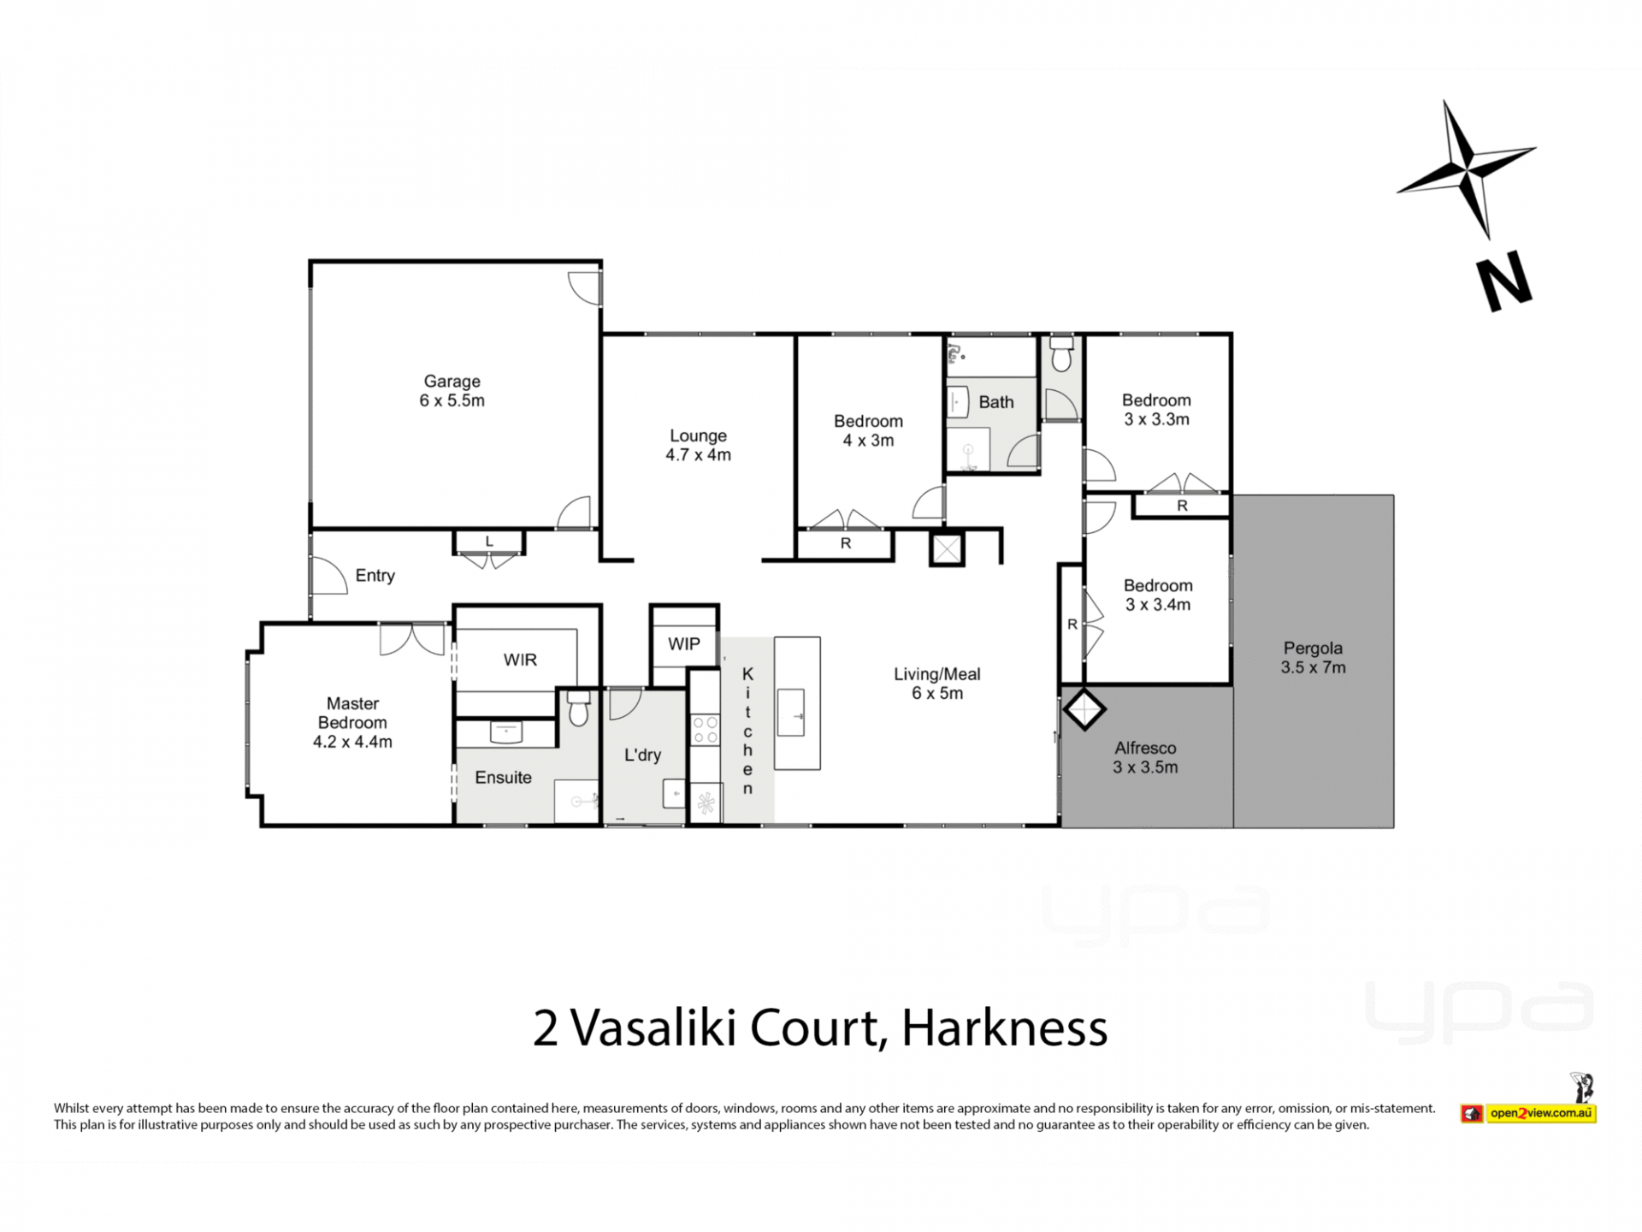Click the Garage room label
(x=452, y=391)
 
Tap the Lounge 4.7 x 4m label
(x=698, y=445)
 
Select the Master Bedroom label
(x=352, y=722)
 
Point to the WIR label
(x=520, y=660)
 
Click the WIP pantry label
(x=683, y=644)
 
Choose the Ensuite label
(x=503, y=777)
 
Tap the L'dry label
(x=642, y=755)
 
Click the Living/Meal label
(x=937, y=684)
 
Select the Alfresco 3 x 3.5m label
(x=1145, y=757)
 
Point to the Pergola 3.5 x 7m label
(x=1313, y=658)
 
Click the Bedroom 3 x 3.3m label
(x=1156, y=410)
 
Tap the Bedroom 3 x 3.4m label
(x=1158, y=595)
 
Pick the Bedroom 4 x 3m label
(x=868, y=430)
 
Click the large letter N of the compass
(x=1505, y=281)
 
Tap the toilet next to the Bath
(x=1061, y=354)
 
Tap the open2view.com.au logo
(x=1528, y=1112)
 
